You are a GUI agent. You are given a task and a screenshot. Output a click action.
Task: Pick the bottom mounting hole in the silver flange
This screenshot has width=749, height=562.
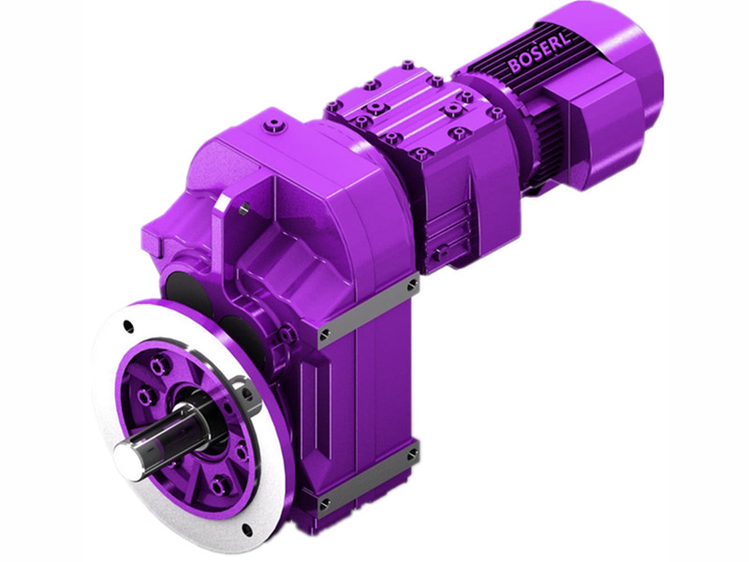(x=246, y=530)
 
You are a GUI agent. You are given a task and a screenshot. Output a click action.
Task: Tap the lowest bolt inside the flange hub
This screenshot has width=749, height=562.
(x=218, y=486)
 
